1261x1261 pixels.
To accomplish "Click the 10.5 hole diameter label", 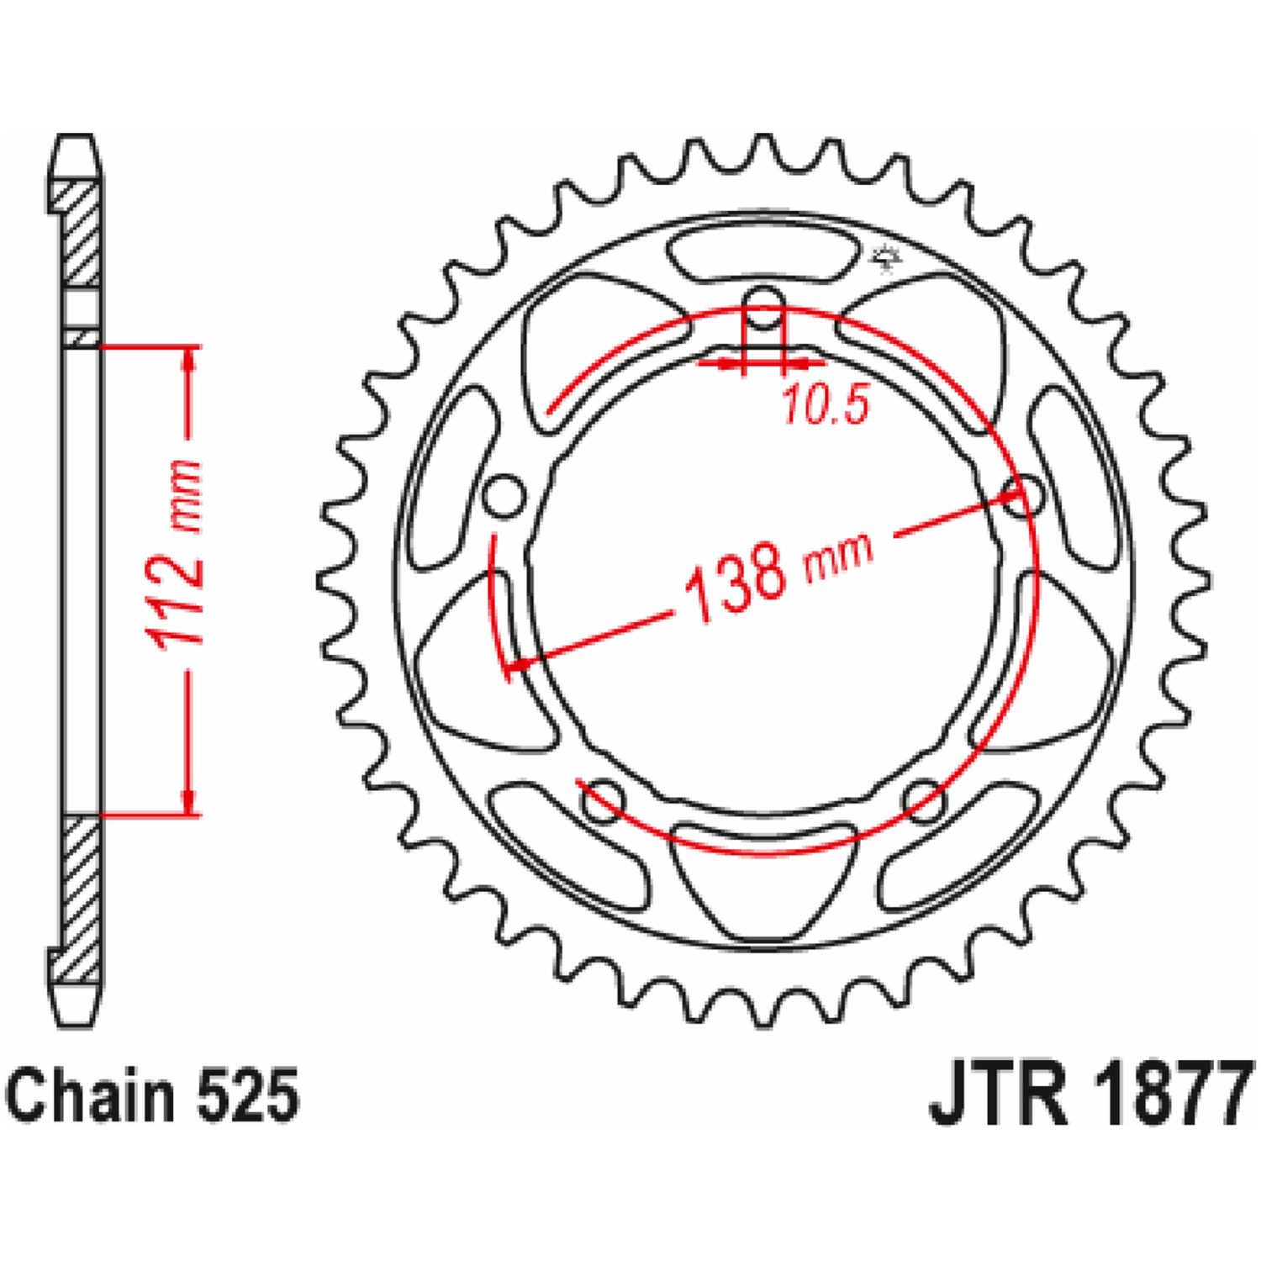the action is click(824, 406).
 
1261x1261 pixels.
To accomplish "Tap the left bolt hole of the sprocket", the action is click(504, 497).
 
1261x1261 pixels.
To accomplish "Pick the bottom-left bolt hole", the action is click(604, 799).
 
